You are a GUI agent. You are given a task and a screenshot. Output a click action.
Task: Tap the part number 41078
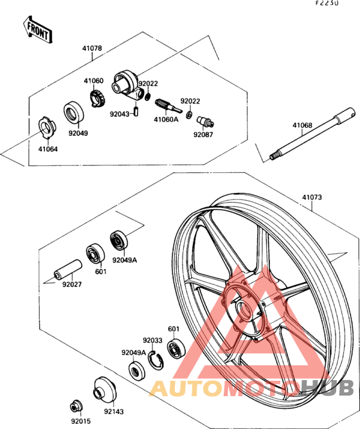(92, 49)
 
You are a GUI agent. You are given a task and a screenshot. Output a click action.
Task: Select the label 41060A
(166, 119)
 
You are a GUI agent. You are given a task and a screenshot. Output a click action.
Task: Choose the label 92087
(202, 135)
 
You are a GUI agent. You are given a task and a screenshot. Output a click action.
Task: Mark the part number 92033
(153, 340)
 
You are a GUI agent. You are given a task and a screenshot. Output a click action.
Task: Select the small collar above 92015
(76, 405)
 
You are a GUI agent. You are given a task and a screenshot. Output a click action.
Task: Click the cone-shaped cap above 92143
(104, 388)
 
